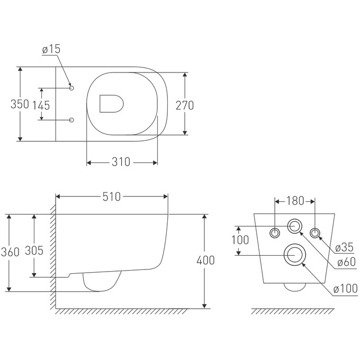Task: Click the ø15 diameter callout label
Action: [51, 49]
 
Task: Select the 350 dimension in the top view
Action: [20, 104]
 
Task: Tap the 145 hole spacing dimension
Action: [41, 105]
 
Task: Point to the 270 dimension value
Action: [185, 105]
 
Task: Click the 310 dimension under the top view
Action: [121, 162]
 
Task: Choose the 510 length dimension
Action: [112, 197]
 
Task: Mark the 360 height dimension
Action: [10, 252]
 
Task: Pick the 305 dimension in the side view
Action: [34, 250]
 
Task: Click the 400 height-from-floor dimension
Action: [206, 260]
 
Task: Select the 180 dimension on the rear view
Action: [295, 201]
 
